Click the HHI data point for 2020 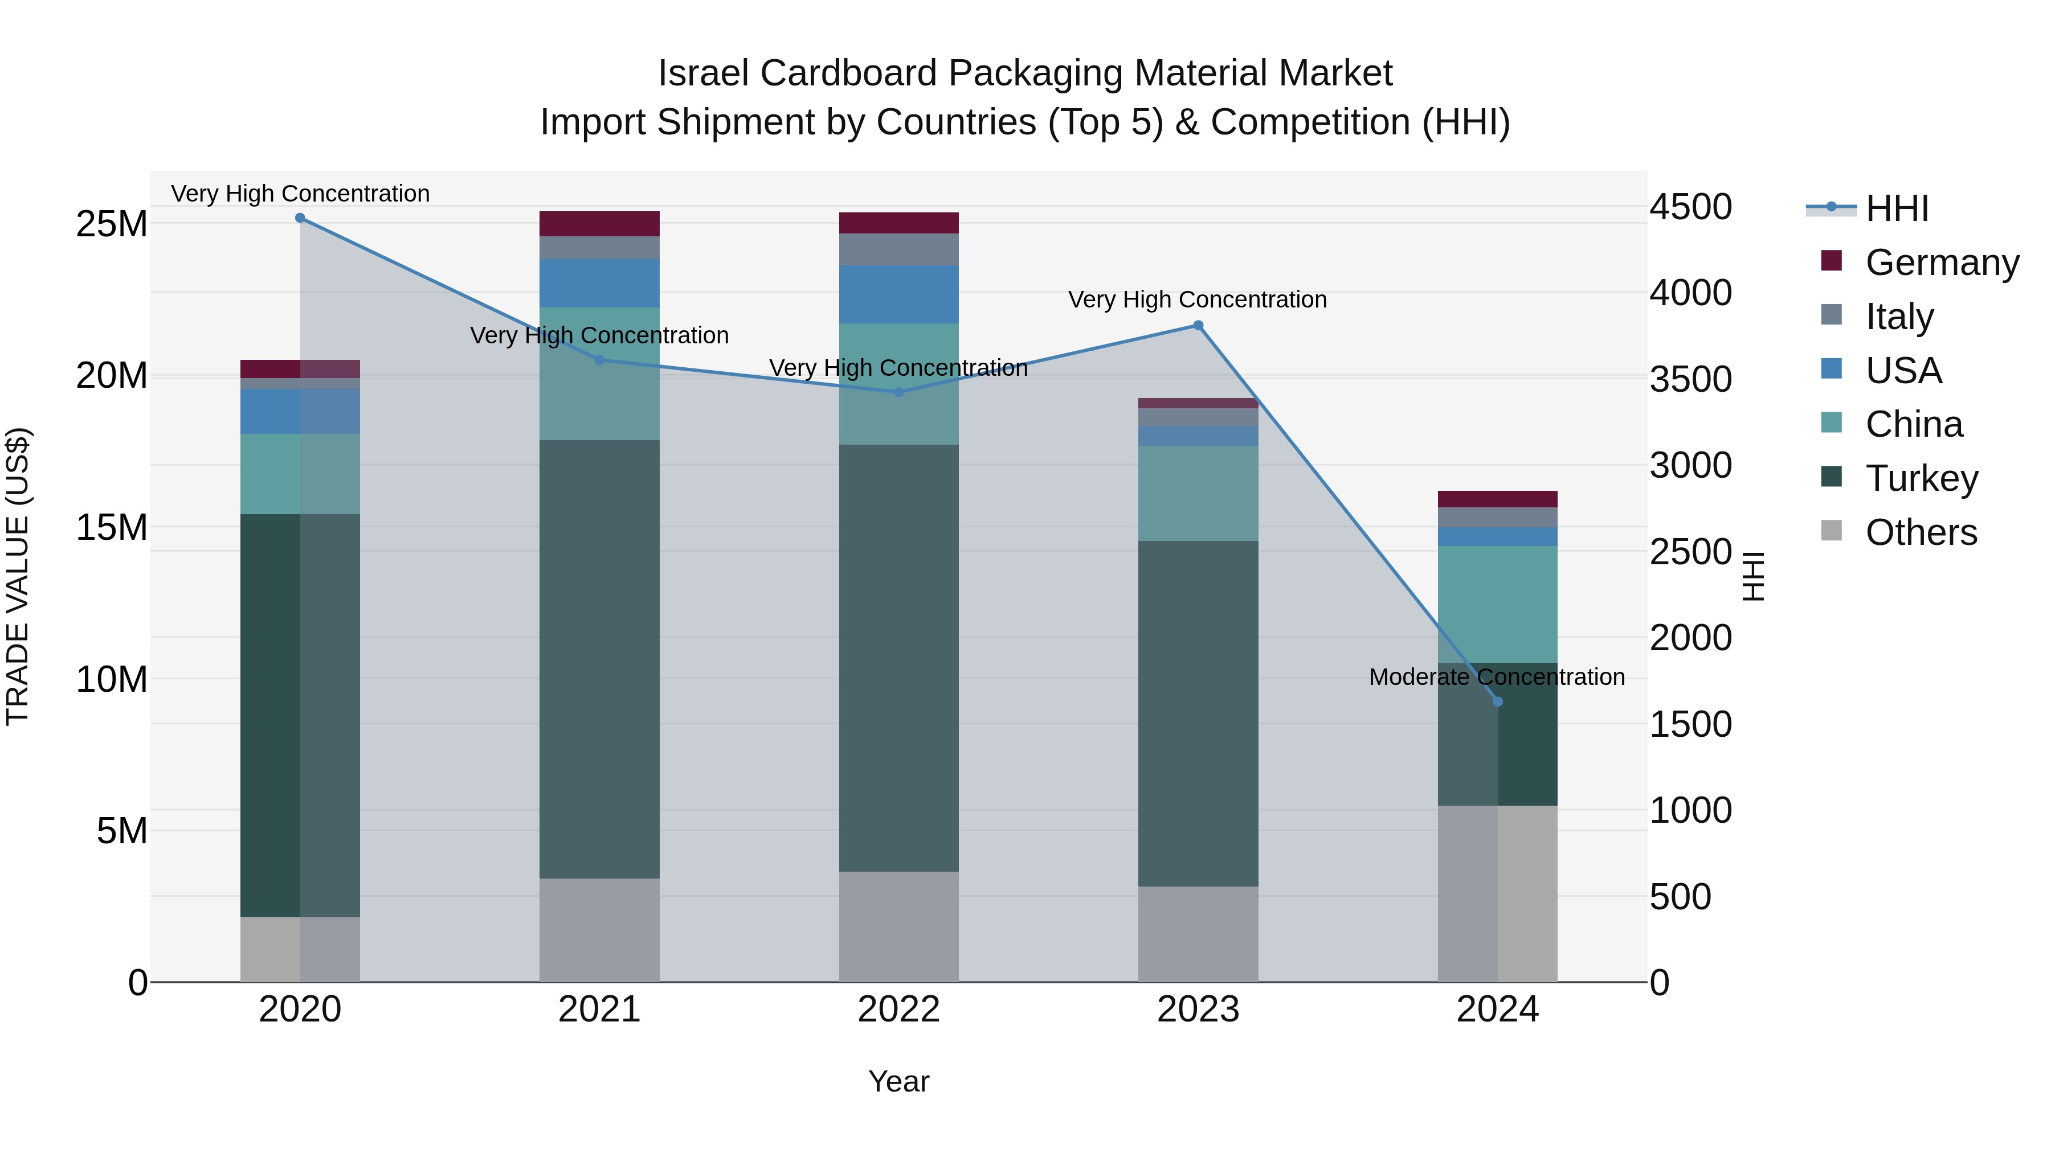point(300,218)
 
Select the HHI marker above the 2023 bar point(1198,326)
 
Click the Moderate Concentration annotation point(1496,677)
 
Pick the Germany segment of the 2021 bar point(599,224)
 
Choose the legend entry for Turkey point(1921,478)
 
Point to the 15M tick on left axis point(112,528)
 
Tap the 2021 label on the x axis point(599,1010)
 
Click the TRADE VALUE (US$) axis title point(18,576)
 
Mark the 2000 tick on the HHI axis point(1690,638)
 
